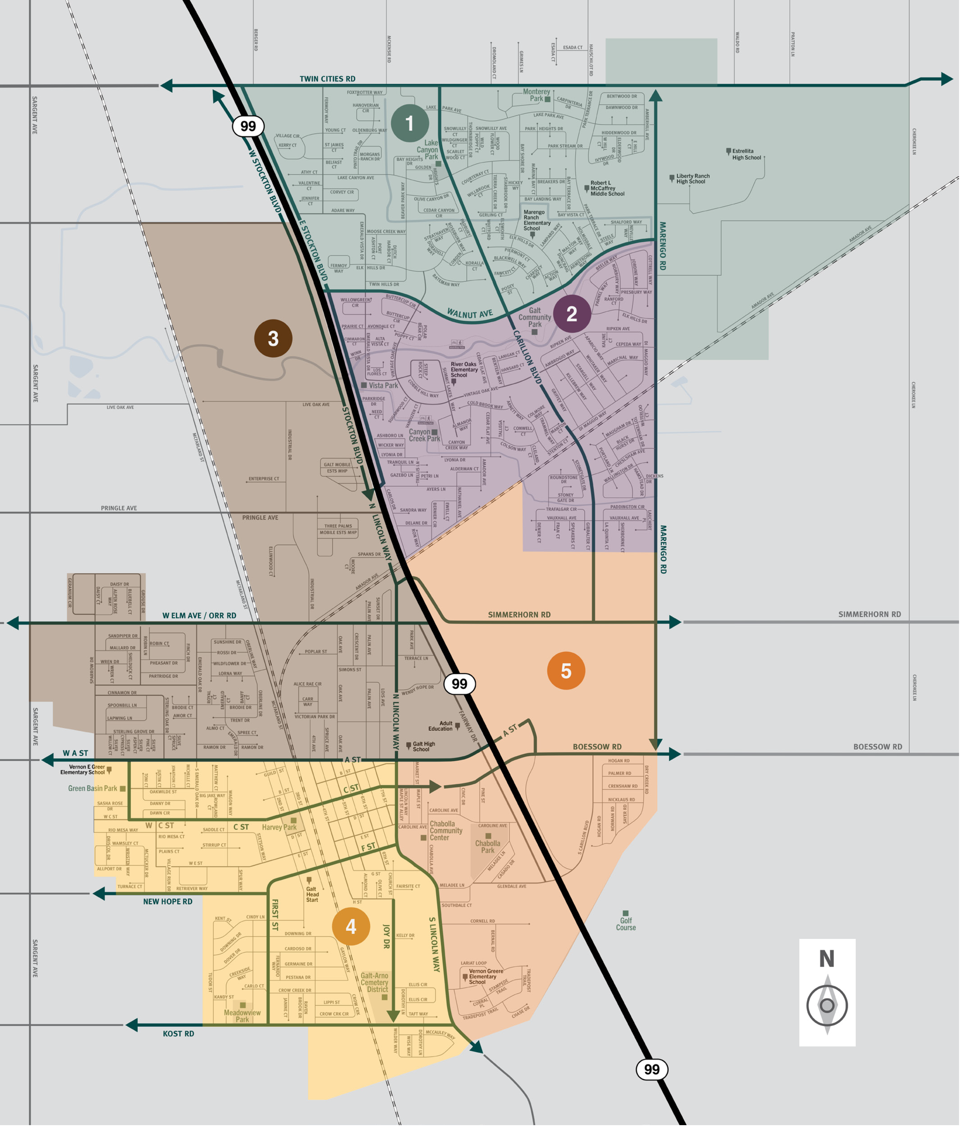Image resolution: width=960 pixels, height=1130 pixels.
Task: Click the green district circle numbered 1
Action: tap(409, 123)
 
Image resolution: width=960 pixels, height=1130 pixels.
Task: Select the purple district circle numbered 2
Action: tap(571, 314)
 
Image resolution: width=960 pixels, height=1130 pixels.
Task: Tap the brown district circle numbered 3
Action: tap(273, 338)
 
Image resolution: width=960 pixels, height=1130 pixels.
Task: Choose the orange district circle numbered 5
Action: tap(566, 671)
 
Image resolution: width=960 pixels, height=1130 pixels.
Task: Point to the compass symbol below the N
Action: tap(827, 1005)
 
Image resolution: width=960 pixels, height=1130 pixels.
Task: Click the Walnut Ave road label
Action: tap(469, 314)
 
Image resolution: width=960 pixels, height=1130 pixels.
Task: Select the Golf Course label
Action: tap(626, 924)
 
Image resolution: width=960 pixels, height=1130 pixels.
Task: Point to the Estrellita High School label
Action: tap(746, 154)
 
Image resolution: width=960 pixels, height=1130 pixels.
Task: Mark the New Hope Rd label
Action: tap(168, 901)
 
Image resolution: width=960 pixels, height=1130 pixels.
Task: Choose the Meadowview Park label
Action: tap(242, 1016)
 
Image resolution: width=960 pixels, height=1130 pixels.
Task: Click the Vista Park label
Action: tap(383, 385)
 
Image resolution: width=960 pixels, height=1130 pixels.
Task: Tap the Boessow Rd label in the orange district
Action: tap(597, 747)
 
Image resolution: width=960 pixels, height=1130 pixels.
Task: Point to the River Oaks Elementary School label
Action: tap(463, 370)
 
